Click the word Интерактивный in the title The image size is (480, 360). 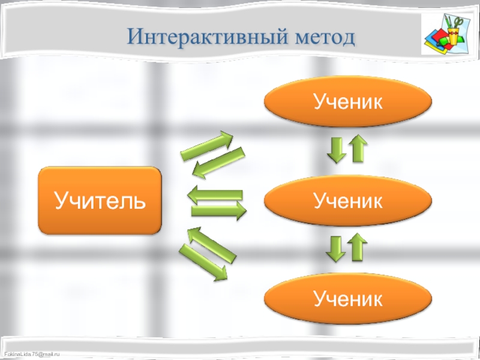tap(207, 38)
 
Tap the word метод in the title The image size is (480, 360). tap(325, 38)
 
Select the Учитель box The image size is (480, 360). tap(100, 200)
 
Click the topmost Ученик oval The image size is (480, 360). tap(348, 101)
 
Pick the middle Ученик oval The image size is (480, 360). tap(348, 200)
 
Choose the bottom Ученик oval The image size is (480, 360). tap(348, 298)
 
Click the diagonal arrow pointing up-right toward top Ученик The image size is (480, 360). tap(206, 146)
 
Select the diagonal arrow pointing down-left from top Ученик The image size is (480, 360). tap(221, 162)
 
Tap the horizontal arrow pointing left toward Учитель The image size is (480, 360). tap(215, 194)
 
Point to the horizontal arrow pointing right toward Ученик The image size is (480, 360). tap(219, 210)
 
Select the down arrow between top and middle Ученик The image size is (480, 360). tap(337, 149)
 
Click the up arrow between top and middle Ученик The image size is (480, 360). tap(358, 148)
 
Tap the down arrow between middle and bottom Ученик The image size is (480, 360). tap(337, 248)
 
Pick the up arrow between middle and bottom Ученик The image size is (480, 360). tap(358, 247)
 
